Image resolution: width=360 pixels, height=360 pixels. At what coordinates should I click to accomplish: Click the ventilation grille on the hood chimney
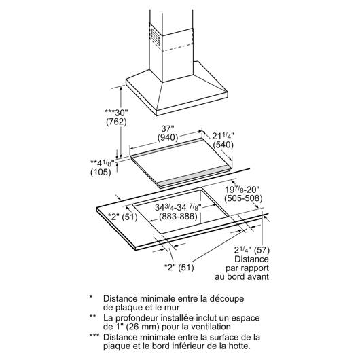pos(156,37)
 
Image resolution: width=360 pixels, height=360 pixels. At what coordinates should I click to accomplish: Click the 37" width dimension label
pos(168,128)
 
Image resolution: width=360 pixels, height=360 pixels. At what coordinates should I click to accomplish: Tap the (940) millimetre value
pos(168,137)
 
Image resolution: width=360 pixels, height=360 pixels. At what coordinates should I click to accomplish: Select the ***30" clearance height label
pos(116,113)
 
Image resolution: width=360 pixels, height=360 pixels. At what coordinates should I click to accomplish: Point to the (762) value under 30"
pos(116,122)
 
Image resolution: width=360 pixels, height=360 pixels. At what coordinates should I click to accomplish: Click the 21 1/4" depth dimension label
pos(223,136)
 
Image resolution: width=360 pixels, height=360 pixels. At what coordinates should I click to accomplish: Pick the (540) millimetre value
pos(223,145)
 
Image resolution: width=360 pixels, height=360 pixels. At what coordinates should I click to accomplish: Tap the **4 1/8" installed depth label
pos(103,163)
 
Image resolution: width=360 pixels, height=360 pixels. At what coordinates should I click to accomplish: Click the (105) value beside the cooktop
pos(101,172)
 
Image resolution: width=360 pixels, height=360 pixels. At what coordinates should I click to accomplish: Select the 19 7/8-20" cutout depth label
pos(242,190)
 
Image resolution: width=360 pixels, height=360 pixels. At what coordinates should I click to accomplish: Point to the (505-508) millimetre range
pos(243,198)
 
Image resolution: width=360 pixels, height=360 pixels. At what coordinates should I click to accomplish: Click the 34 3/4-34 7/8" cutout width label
pos(178,207)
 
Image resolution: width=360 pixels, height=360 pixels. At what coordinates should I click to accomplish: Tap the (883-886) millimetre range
pos(178,216)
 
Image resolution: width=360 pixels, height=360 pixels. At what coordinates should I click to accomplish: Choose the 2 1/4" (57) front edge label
pos(251,250)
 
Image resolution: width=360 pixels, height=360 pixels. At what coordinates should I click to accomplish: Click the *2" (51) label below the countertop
pos(179,267)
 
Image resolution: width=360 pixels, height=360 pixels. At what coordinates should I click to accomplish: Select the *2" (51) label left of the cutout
pos(123,217)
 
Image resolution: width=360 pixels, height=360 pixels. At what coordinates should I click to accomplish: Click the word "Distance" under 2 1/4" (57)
pos(251,259)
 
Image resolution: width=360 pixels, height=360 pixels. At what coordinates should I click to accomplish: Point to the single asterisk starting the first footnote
pos(91,297)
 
